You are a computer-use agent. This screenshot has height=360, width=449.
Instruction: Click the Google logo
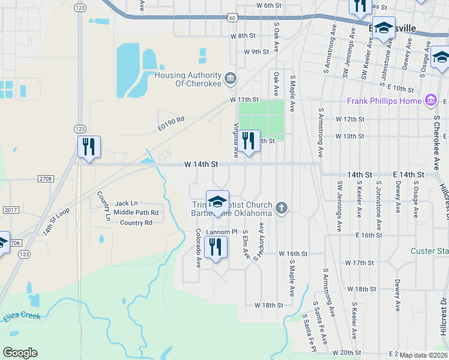click(x=20, y=353)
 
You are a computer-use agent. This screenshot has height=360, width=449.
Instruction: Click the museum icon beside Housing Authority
click(x=230, y=79)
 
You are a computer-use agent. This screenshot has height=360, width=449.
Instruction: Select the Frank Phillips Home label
click(x=384, y=101)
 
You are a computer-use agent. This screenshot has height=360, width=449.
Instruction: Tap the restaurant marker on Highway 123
click(x=89, y=147)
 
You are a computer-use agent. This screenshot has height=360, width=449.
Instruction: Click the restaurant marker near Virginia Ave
click(x=248, y=141)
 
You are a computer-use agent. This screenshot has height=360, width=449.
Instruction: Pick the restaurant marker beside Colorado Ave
click(x=216, y=247)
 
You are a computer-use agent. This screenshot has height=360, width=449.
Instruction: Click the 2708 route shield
click(x=46, y=179)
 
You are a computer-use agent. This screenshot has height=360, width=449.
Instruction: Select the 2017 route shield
click(x=10, y=209)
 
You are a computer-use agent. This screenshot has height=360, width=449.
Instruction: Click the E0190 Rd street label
click(x=171, y=119)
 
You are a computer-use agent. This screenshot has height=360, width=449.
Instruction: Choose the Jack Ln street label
click(x=126, y=203)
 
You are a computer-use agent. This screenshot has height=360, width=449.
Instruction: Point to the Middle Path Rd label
click(x=136, y=212)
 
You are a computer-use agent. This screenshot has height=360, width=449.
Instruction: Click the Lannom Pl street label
click(x=223, y=231)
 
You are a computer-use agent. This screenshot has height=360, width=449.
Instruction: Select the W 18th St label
click(x=268, y=305)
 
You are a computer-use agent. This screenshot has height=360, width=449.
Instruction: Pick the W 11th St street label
click(x=244, y=99)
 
